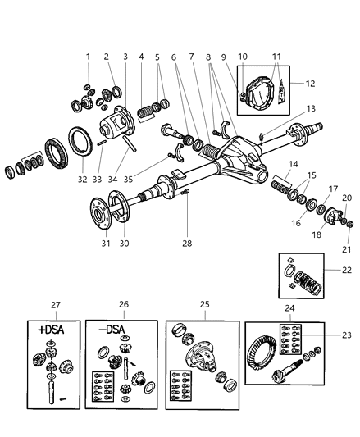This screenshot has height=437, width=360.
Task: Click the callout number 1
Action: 88,56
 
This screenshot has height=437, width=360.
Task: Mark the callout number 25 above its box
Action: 205,306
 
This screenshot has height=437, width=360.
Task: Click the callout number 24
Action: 289,309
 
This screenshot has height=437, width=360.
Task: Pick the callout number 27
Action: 55,306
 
